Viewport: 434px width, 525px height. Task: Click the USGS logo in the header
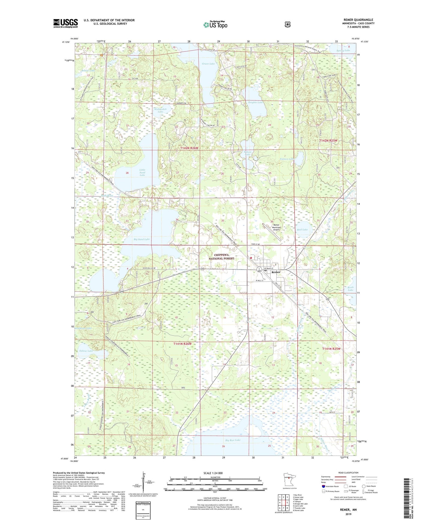65,23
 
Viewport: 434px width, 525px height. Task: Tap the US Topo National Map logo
215,25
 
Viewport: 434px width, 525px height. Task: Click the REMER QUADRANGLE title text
358,20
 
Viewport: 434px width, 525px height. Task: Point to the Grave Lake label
208,64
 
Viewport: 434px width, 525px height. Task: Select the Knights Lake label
255,103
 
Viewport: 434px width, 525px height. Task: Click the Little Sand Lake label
142,172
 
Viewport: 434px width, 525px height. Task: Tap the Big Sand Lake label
141,239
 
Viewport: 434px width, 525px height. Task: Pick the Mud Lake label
302,229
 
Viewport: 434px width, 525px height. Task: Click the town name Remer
276,272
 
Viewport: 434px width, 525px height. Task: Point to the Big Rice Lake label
233,440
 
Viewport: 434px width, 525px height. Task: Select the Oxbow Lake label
86,351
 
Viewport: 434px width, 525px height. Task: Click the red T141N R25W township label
332,349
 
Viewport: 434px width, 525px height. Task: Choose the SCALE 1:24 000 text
213,473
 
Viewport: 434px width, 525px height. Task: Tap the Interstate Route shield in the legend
323,486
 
